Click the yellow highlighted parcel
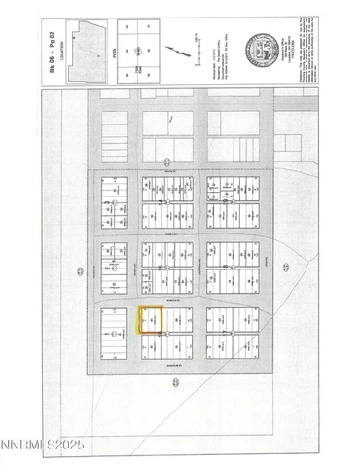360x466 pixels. point(151,321)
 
